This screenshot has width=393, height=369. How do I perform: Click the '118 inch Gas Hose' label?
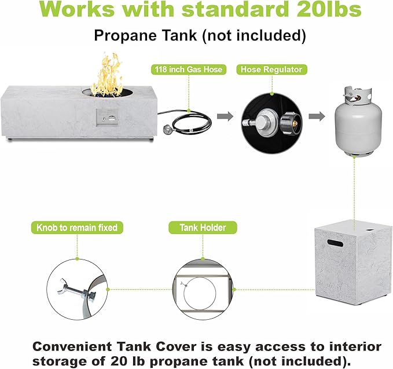189,70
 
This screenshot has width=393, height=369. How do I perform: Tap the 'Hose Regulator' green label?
271,70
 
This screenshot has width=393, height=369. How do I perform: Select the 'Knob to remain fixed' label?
77,228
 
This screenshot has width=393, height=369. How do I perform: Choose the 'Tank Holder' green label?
203,228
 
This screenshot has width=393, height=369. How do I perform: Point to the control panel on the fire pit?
108,118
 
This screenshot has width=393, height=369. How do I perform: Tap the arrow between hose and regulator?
225,116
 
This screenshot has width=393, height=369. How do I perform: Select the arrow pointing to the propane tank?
317,116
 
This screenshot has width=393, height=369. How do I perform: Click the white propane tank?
358,122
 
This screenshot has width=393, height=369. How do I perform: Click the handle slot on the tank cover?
335,243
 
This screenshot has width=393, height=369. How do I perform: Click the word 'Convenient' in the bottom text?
72,346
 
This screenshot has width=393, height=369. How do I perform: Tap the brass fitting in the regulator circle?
295,123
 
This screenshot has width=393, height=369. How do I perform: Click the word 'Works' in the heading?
76,9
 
